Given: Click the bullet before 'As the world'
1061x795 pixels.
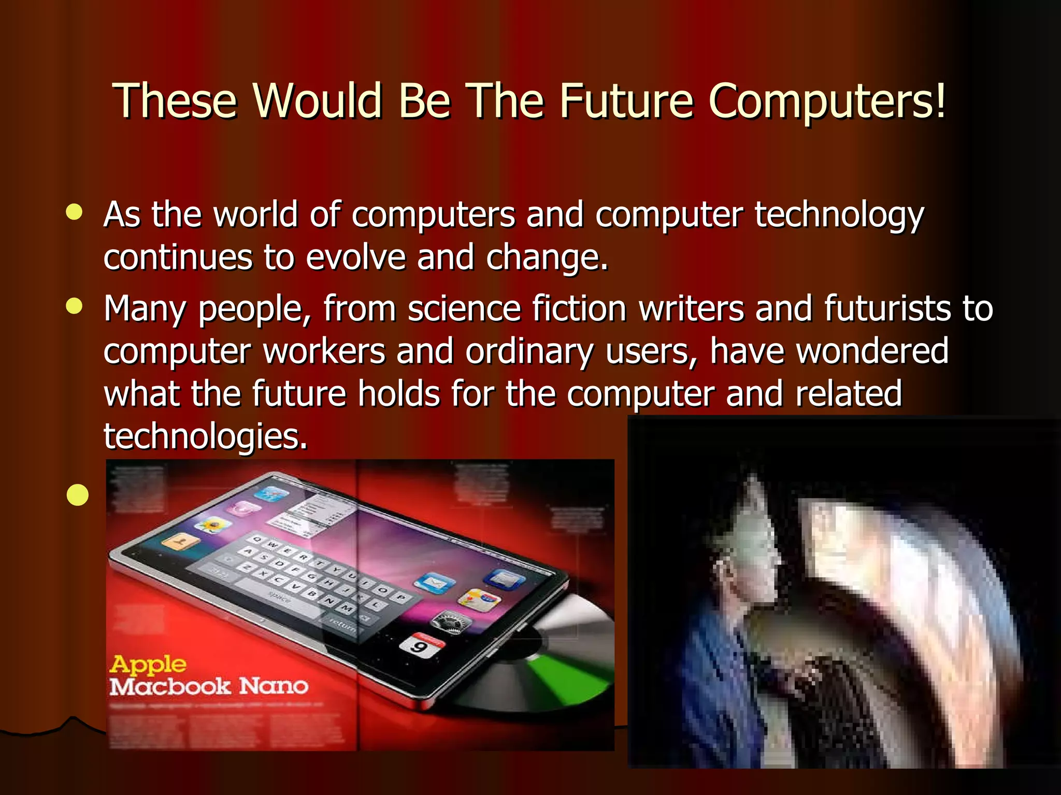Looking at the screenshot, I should pos(75,212).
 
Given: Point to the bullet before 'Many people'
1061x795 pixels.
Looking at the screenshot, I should pos(75,306).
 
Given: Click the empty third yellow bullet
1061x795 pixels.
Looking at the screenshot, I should pos(78,495).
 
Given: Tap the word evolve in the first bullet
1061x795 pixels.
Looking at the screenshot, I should pos(355,257).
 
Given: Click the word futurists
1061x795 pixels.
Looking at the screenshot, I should pos(887,308).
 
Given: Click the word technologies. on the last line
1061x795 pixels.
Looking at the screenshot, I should pos(206,436).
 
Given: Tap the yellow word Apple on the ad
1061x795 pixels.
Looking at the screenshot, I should pos(148,664).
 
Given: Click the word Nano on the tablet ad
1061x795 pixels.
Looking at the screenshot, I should pos(274,686).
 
